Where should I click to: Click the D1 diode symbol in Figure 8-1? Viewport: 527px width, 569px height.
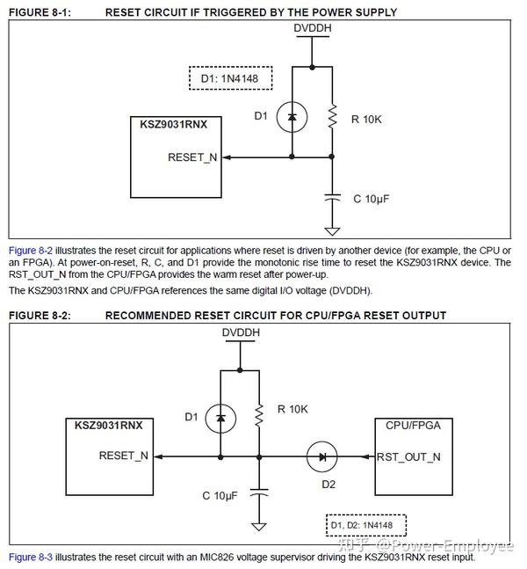292,117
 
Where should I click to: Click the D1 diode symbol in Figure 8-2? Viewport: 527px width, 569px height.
220,418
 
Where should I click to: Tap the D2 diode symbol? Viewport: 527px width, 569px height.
321,456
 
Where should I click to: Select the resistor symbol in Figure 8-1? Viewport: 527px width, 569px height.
332,116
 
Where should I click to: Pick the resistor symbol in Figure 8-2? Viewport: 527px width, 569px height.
259,416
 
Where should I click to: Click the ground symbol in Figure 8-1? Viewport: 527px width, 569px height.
332,231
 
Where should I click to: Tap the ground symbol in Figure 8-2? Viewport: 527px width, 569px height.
259,526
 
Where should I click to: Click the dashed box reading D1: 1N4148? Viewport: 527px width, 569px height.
230,78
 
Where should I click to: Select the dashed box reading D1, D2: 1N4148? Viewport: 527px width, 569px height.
366,525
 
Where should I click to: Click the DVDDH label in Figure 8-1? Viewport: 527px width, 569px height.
313,28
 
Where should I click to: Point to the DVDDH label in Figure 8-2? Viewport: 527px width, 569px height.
241,332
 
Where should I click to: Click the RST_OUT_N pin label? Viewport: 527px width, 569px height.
408,456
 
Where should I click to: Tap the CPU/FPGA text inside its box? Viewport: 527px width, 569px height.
413,426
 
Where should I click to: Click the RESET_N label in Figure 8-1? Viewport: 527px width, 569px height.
192,157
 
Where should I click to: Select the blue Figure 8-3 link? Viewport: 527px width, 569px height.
31,557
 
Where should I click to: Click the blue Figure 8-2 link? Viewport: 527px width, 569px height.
31,251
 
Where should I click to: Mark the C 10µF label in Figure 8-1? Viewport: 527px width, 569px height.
372,199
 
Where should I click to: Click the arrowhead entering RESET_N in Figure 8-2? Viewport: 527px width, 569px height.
158,456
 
